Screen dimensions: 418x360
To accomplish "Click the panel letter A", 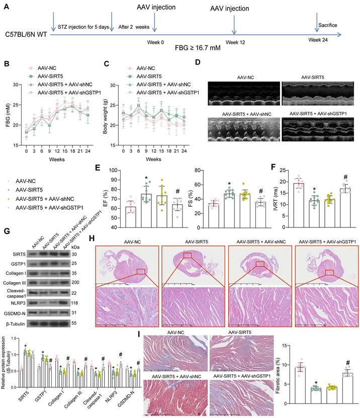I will pos(7,7).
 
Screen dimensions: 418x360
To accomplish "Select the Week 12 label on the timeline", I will pos(235,42).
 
